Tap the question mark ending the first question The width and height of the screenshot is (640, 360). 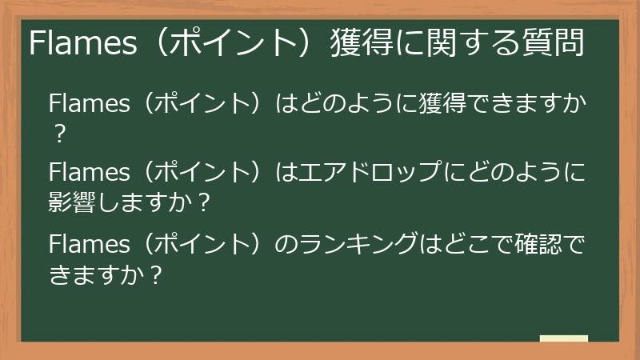pos(58,133)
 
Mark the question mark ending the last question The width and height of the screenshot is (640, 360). pos(156,274)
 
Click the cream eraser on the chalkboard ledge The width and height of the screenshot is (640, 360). pos(563,338)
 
